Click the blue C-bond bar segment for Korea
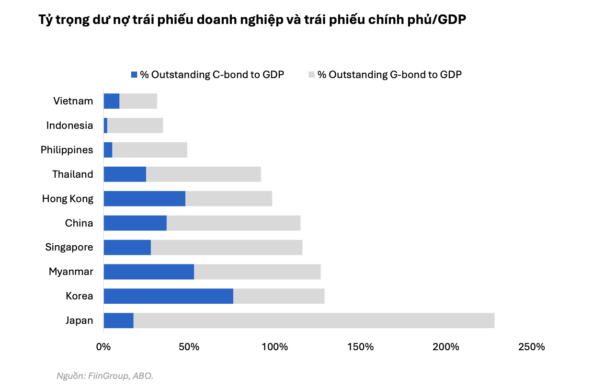[168, 296]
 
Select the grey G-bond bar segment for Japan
[314, 320]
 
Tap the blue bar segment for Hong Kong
[144, 198]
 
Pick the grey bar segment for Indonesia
[135, 126]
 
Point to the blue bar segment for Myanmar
[148, 272]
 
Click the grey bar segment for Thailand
[203, 174]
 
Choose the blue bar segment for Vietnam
[112, 101]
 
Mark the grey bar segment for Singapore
[227, 247]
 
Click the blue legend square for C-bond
[134, 75]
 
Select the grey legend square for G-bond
[312, 75]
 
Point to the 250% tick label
[531, 347]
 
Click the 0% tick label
[103, 347]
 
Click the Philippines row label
[67, 150]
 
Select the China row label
[79, 223]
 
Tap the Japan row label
[79, 320]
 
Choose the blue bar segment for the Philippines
[108, 150]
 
